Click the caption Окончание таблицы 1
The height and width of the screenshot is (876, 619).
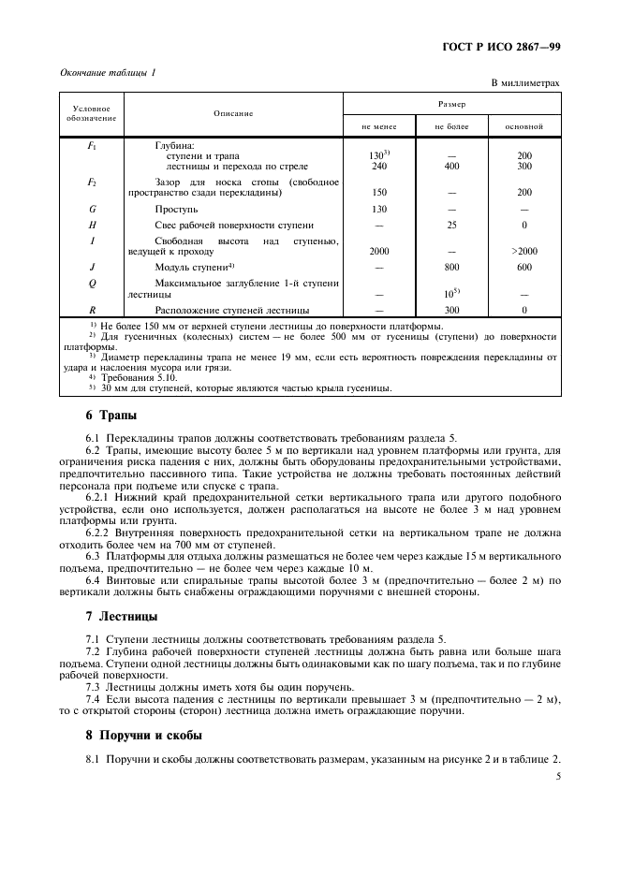(x=108, y=72)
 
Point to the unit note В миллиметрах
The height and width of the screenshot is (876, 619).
(x=525, y=83)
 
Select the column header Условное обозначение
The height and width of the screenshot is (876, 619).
(x=91, y=113)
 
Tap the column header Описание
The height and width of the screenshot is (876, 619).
(x=233, y=113)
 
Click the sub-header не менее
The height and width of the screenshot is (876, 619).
(x=379, y=124)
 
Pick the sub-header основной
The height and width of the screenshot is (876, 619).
(x=523, y=124)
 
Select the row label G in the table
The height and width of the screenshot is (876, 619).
(x=92, y=210)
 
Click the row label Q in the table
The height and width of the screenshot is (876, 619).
(x=92, y=282)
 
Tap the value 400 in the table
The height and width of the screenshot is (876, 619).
(x=451, y=167)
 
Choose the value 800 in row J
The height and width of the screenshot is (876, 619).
(x=451, y=267)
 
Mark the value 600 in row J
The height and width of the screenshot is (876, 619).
(x=523, y=267)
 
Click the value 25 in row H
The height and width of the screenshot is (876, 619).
(x=451, y=226)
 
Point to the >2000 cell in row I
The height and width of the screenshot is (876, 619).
(x=523, y=251)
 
